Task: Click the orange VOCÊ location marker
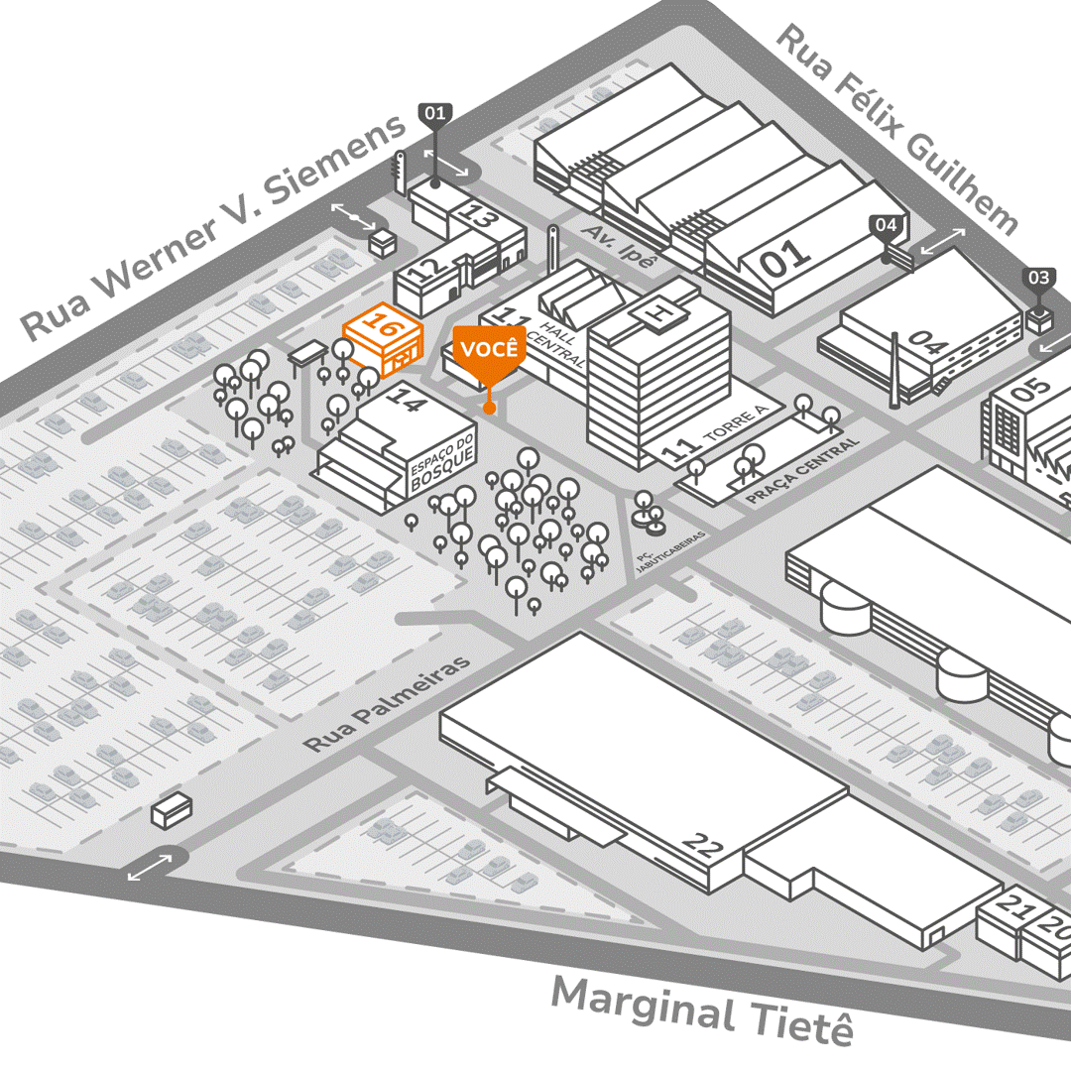point(489,352)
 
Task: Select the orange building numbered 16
point(382,338)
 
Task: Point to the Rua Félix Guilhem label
point(896,129)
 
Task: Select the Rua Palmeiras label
point(388,703)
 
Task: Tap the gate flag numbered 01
point(435,114)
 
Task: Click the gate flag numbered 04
point(887,225)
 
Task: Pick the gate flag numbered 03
point(1038,278)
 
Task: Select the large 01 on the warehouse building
point(785,257)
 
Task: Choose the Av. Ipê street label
point(621,245)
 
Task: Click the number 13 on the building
point(480,216)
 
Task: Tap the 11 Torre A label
point(714,439)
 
